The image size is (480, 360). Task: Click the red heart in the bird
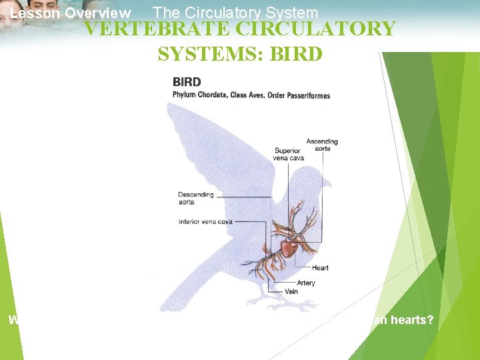289,249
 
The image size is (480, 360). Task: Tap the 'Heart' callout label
320,268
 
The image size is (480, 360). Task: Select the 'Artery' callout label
306,283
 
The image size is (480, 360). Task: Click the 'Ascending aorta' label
322,145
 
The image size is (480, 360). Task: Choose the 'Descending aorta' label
196,199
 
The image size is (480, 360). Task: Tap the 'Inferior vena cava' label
205,222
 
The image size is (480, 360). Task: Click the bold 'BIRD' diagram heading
187,82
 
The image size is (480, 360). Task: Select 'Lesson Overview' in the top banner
71,13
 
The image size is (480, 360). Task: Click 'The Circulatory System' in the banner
235,12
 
